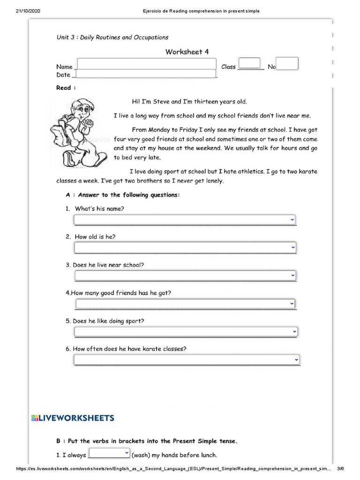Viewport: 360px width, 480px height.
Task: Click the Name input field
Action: tap(146, 65)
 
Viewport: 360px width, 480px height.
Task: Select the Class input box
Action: tap(249, 63)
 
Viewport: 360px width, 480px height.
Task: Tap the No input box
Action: tap(287, 63)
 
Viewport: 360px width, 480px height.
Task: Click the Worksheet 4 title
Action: tap(187, 52)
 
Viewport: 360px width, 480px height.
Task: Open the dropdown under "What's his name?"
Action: tap(185, 220)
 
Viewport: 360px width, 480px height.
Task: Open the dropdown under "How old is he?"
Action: tap(185, 247)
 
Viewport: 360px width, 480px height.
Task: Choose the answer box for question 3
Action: tap(185, 275)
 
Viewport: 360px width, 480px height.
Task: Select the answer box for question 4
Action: tap(185, 304)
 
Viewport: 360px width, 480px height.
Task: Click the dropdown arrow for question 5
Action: tap(294, 331)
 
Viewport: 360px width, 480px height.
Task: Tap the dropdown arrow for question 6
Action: tap(296, 360)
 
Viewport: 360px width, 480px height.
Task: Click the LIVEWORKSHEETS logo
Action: tap(72, 418)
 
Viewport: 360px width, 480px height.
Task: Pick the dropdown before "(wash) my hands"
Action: tap(109, 453)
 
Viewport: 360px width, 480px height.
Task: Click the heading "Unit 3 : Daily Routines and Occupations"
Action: tap(112, 37)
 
